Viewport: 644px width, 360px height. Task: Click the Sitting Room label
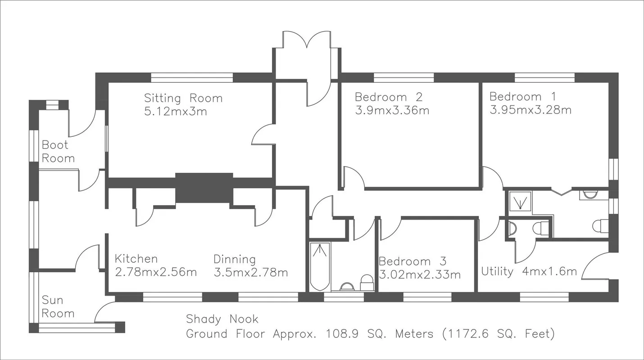click(x=183, y=98)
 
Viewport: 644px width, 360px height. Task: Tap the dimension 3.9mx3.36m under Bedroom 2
click(x=392, y=110)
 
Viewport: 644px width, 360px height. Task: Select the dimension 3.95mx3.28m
click(x=531, y=110)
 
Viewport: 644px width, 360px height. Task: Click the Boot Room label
click(x=58, y=151)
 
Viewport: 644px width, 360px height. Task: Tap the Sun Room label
click(x=58, y=306)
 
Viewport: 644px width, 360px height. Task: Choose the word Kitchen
click(x=136, y=259)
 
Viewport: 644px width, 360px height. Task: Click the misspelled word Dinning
click(x=235, y=259)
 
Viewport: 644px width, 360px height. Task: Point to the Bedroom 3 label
click(x=412, y=261)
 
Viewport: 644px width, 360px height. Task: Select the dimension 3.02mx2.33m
click(x=420, y=274)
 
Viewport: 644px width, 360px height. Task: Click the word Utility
click(x=497, y=271)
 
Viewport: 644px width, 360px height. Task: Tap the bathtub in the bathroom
click(x=320, y=267)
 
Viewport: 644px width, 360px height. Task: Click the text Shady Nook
click(x=222, y=319)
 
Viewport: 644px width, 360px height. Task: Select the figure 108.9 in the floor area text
click(x=342, y=334)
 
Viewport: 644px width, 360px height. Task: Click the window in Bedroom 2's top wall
click(x=404, y=77)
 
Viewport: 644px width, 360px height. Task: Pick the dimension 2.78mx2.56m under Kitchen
click(x=156, y=272)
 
